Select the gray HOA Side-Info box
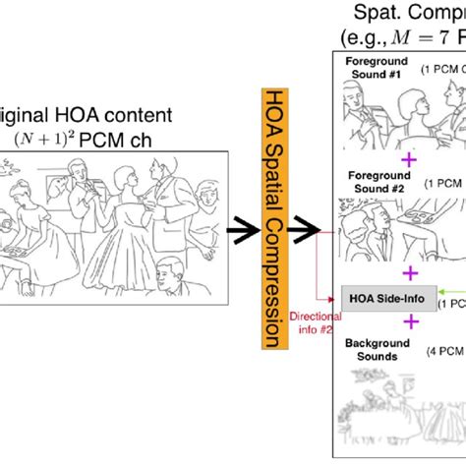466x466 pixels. click(x=377, y=296)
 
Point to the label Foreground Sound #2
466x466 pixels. click(x=375, y=182)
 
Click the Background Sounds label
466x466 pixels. click(x=375, y=351)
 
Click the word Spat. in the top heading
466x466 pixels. click(x=379, y=14)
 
